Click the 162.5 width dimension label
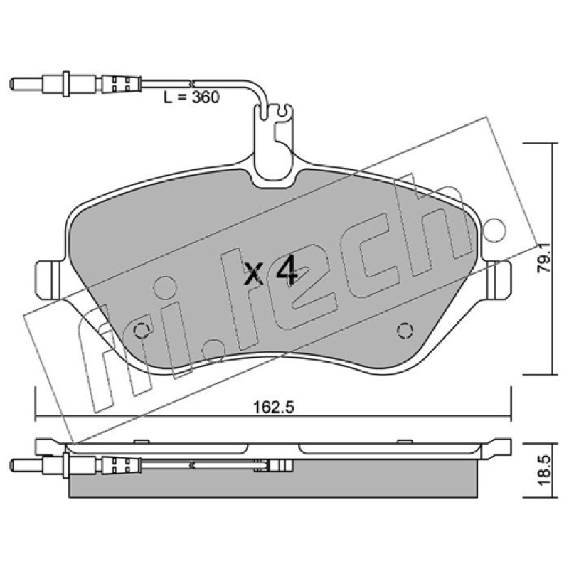(273, 407)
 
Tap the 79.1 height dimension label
(544, 258)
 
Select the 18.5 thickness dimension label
(544, 471)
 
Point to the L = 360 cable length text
(191, 97)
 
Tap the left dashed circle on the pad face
(141, 330)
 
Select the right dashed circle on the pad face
(405, 330)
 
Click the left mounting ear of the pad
(48, 280)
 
